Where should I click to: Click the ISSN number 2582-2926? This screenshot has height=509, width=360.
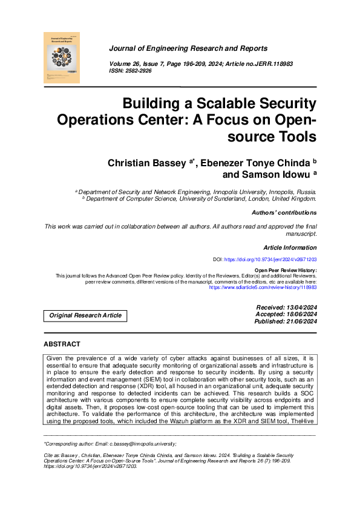139,71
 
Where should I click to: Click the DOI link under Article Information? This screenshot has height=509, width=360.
270,259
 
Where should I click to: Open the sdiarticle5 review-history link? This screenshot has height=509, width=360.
263,288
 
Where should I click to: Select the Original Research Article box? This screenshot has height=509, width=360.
85,316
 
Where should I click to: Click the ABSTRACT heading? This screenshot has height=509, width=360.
62,345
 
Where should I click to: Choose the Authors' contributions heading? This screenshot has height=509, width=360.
283,213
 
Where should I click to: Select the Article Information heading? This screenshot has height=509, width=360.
290,248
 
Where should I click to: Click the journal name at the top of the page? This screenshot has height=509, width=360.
188,48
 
